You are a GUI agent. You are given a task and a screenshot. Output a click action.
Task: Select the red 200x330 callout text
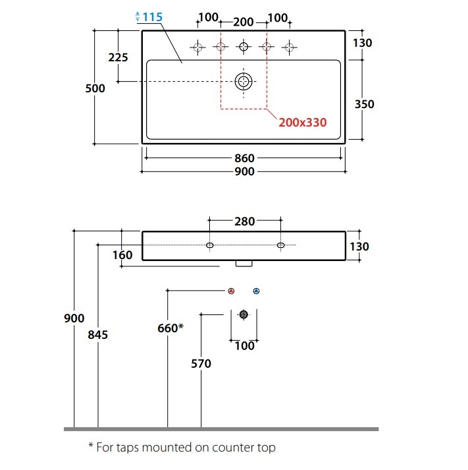point(301,122)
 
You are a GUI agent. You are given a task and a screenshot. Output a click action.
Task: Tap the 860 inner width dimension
point(244,158)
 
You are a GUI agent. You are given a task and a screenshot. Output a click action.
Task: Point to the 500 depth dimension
point(95,88)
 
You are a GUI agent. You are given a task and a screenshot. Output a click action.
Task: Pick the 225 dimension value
point(118,57)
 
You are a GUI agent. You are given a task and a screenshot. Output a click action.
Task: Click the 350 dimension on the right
point(364,104)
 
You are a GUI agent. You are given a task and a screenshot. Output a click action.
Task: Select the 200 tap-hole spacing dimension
point(244,22)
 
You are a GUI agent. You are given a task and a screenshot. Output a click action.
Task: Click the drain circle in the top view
point(244,81)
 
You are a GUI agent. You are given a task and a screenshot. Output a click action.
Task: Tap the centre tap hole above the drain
point(244,47)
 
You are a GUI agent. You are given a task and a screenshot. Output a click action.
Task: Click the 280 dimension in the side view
point(245,221)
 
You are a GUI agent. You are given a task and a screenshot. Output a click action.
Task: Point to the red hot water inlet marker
point(231,291)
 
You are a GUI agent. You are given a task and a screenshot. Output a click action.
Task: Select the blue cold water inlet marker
point(256,291)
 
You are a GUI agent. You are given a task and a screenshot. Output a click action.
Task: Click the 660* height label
point(170,328)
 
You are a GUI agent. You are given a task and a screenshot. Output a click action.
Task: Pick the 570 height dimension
point(201,363)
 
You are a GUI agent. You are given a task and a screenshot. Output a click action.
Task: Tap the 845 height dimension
point(97,334)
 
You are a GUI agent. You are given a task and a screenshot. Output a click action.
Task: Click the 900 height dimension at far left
point(74,318)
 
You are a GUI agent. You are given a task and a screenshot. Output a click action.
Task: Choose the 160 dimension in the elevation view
point(122,254)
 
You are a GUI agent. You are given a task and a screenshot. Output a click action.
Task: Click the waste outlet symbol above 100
point(244,314)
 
